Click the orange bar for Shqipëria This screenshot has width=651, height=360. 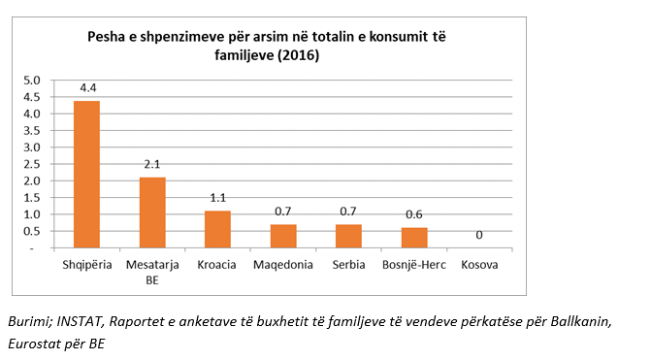click(x=86, y=175)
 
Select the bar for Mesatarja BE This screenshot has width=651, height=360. click(x=152, y=213)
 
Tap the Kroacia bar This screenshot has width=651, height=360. click(x=217, y=229)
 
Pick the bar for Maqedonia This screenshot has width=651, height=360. click(x=283, y=236)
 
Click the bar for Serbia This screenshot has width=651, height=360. click(x=348, y=236)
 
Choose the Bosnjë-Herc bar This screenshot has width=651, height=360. click(x=414, y=238)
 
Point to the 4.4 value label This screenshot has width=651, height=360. click(x=87, y=88)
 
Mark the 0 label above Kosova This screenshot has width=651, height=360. click(x=480, y=235)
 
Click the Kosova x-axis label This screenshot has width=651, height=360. click(x=479, y=265)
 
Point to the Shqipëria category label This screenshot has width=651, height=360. click(x=86, y=265)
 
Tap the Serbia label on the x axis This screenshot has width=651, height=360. click(x=348, y=265)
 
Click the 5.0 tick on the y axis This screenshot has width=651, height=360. click(x=31, y=81)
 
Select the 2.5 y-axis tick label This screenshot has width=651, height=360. click(x=31, y=164)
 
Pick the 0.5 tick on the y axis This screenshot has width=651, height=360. click(x=31, y=231)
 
